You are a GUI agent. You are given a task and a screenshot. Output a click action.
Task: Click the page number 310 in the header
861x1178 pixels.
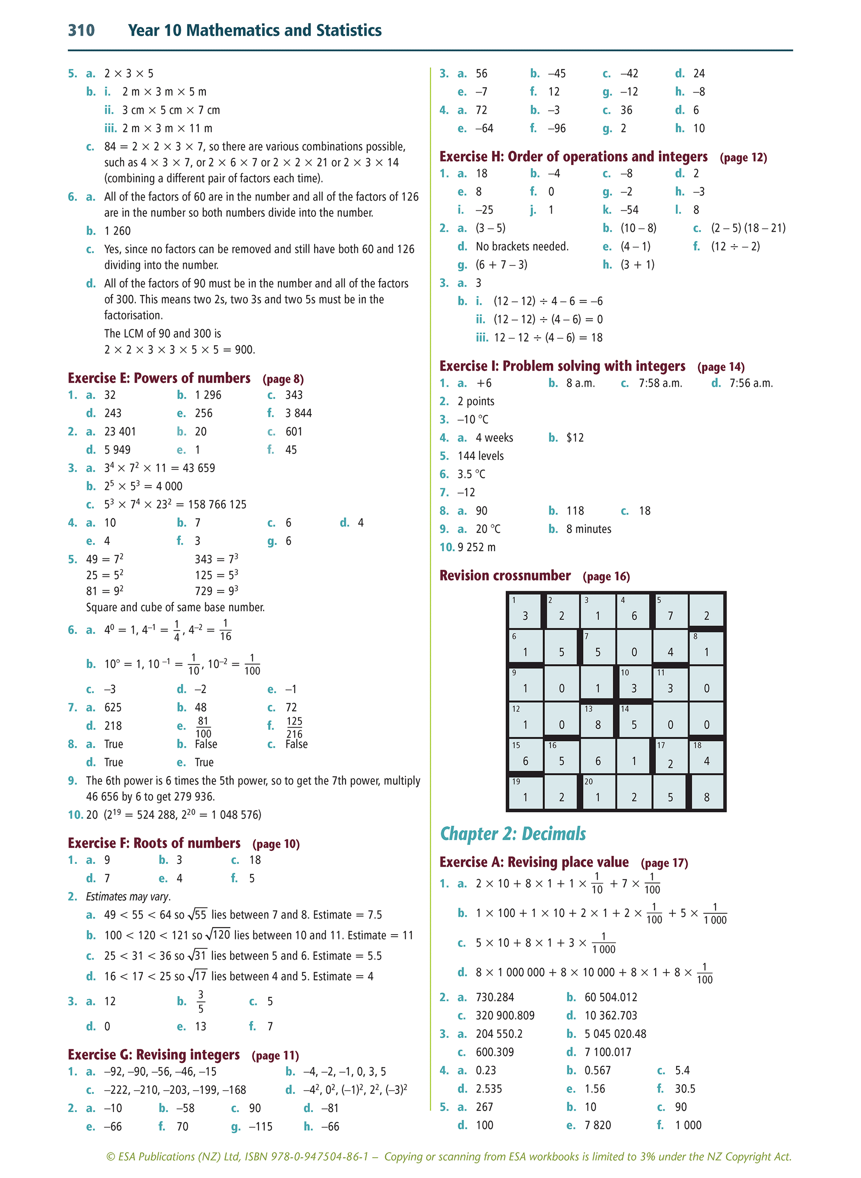pos(81,30)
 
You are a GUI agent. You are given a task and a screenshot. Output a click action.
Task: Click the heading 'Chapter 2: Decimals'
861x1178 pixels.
pos(513,833)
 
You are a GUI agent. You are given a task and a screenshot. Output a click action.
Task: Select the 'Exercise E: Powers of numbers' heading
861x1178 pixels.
pos(159,378)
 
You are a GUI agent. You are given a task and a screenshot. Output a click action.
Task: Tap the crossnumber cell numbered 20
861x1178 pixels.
pos(598,792)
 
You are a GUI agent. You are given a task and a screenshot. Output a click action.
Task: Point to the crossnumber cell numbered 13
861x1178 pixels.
pos(598,720)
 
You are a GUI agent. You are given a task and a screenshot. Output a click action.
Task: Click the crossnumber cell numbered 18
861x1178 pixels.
pos(706,756)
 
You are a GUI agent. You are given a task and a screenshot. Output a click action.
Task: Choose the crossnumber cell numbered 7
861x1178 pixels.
pos(598,647)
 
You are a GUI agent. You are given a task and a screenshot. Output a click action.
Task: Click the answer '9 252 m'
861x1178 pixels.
pos(477,547)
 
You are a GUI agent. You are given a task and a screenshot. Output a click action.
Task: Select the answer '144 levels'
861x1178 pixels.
pos(480,456)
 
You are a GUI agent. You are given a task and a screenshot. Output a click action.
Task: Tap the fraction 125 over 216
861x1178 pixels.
pos(295,727)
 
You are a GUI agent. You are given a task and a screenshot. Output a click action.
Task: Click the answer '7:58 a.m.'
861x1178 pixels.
pos(660,383)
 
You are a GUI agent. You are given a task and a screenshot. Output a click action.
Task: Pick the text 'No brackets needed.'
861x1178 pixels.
pos(522,246)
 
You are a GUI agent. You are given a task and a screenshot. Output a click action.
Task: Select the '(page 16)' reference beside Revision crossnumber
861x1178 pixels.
pos(606,577)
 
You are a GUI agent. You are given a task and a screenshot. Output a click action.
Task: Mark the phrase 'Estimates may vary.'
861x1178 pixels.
pos(128,897)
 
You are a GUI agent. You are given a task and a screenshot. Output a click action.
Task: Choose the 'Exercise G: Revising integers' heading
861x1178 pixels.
pos(154,1055)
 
